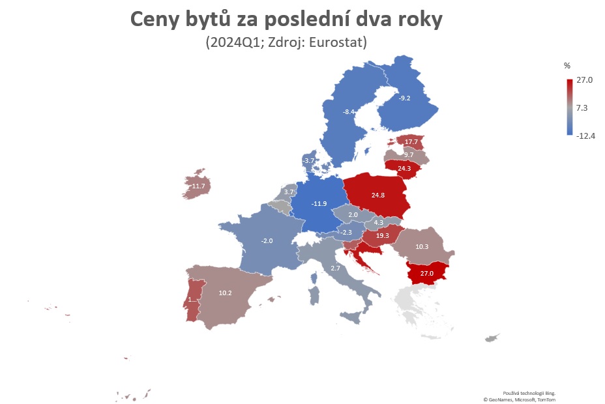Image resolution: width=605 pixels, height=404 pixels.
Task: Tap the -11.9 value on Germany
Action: click(319, 204)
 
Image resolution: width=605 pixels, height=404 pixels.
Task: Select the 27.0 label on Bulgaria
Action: click(426, 274)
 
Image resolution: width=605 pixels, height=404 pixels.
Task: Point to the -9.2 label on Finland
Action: click(404, 98)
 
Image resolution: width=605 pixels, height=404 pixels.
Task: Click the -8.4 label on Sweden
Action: click(349, 112)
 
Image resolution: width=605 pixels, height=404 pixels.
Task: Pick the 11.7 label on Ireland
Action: click(199, 186)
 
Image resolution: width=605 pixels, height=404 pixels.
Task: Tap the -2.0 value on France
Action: click(267, 241)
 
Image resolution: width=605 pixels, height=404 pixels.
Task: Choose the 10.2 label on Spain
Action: click(225, 293)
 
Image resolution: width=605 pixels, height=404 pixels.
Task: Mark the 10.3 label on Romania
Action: click(422, 247)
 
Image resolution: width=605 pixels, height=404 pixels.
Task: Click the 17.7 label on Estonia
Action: click(411, 142)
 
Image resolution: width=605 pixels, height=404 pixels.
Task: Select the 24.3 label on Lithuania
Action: click(404, 169)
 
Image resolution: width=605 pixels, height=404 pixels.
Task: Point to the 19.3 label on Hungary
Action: click(382, 236)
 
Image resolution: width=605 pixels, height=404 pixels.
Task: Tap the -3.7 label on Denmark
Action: click(308, 161)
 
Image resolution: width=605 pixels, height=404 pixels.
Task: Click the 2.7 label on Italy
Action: click(335, 268)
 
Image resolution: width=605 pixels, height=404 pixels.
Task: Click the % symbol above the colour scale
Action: click(567, 66)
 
